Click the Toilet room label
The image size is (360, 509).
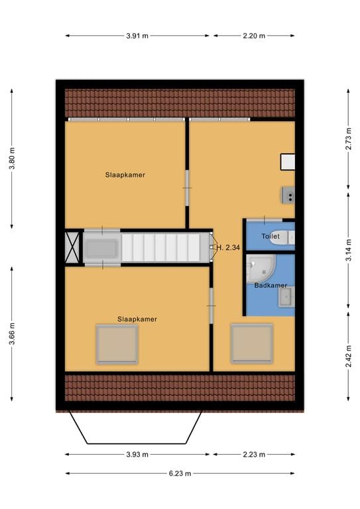point(270,236)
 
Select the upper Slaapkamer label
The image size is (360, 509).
point(125,175)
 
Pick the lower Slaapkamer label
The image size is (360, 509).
point(137,319)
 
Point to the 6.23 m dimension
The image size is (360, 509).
point(180,473)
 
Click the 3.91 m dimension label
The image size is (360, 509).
point(137,36)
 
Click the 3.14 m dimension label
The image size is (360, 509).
point(348,250)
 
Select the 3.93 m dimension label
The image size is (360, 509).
point(137,455)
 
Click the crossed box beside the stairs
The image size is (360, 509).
point(72,247)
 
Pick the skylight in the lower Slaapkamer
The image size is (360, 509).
point(117,344)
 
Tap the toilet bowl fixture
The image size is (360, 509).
point(286,237)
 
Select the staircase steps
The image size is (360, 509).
point(165,247)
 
